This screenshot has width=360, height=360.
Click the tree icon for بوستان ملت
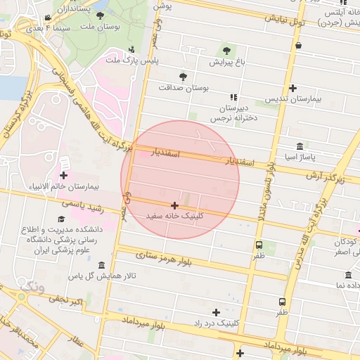[100, 15]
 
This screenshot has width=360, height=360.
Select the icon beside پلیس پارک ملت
[132, 49]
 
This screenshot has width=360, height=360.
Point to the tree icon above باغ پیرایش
[226, 50]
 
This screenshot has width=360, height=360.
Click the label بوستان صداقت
[185, 87]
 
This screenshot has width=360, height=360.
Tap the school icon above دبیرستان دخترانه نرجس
[233, 98]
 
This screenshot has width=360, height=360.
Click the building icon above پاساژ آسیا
[300, 146]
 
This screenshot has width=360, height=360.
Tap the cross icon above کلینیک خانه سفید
[174, 205]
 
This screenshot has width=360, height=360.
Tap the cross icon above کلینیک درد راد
[216, 311]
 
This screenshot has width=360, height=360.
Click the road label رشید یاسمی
[83, 204]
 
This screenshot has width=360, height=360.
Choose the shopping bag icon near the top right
[298, 46]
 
